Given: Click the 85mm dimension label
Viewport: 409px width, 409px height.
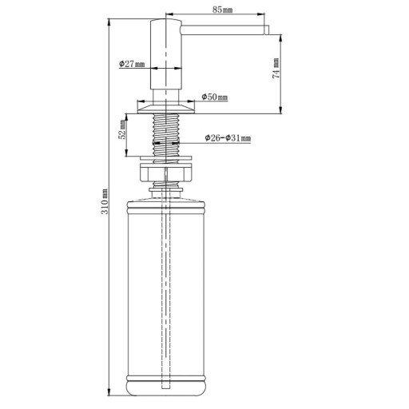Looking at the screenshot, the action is click(x=222, y=10).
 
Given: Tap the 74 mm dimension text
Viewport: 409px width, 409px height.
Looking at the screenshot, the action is click(x=276, y=68).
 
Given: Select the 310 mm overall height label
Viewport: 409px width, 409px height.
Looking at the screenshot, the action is click(x=105, y=201).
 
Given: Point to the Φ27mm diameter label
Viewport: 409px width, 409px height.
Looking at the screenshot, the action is click(x=132, y=64).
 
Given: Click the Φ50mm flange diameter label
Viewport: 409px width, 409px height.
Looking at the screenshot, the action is click(x=215, y=97).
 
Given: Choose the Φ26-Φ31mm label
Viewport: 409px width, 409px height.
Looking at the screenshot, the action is click(x=228, y=138).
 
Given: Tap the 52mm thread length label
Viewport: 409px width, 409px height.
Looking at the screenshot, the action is click(x=122, y=129).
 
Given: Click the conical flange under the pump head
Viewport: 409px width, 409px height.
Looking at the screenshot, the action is click(x=165, y=109).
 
